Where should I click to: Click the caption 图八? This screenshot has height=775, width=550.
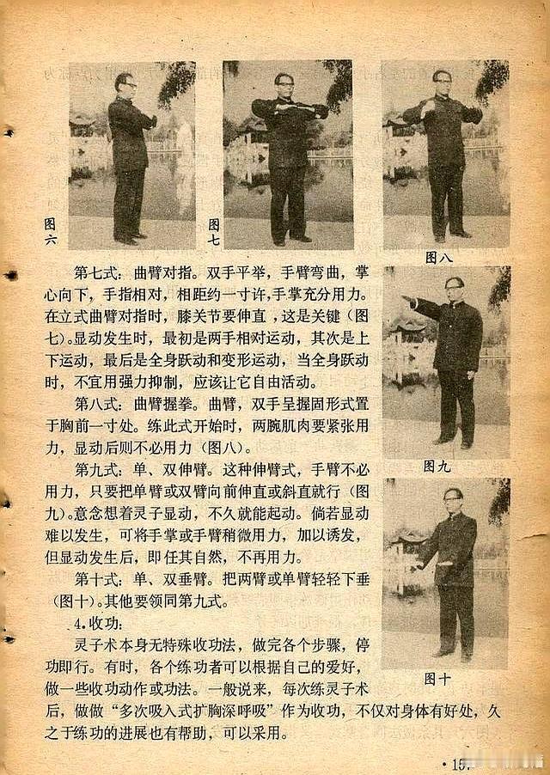click(x=438, y=258)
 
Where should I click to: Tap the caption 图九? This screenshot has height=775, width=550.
click(x=437, y=466)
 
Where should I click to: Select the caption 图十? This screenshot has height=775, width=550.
click(x=437, y=679)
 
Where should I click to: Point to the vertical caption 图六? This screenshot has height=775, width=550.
click(x=50, y=231)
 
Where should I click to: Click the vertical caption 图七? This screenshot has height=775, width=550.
click(x=214, y=232)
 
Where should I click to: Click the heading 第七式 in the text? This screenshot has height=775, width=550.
click(x=97, y=273)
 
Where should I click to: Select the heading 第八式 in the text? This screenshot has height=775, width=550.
click(x=97, y=405)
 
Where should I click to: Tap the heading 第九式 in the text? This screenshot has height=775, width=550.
click(x=97, y=469)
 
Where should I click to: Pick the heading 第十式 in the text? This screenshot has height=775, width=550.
click(x=97, y=579)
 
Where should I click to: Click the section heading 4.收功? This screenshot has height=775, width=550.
click(x=98, y=623)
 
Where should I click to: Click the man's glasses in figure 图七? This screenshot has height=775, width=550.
click(x=284, y=84)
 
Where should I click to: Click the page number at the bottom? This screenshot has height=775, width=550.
click(x=457, y=765)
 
